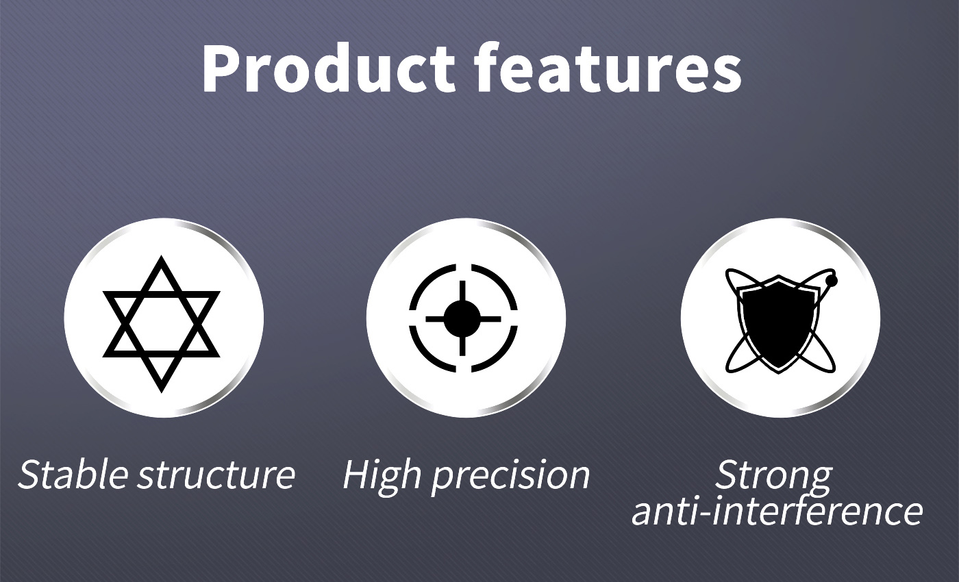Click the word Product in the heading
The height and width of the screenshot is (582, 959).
[328, 68]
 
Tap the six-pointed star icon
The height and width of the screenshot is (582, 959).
[162, 324]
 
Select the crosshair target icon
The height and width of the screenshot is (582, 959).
[463, 318]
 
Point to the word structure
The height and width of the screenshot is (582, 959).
[216, 475]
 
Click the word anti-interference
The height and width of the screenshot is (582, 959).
[777, 511]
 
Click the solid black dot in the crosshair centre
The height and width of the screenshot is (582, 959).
[462, 318]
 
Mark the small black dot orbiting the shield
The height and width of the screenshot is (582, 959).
[832, 281]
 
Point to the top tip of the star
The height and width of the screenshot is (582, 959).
[162, 256]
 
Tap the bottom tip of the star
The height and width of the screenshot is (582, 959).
[162, 392]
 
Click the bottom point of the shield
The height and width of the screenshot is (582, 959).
[779, 373]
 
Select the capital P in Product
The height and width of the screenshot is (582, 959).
[221, 68]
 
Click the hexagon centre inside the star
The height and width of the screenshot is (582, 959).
[162, 324]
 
